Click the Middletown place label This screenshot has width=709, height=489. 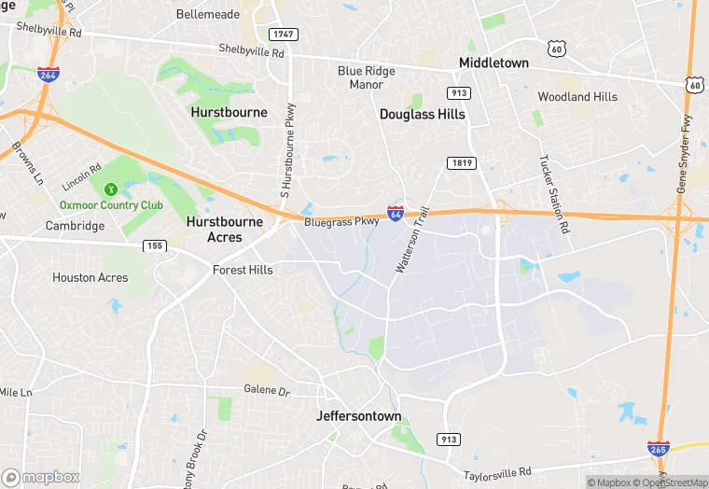(x=494, y=63)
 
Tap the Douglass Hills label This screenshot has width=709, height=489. (x=422, y=114)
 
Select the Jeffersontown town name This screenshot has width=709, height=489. (x=359, y=416)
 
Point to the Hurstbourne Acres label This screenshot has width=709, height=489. (x=215, y=230)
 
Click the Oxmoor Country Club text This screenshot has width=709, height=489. (x=111, y=205)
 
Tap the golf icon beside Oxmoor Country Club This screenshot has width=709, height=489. (x=111, y=189)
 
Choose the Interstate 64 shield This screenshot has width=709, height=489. (x=396, y=214)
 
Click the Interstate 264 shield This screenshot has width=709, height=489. (x=49, y=74)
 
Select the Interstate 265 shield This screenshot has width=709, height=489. (x=659, y=449)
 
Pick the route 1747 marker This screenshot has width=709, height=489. (x=283, y=34)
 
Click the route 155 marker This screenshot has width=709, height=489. (x=155, y=245)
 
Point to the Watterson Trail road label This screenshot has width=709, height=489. (x=416, y=240)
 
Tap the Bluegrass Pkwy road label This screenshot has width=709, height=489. (x=341, y=222)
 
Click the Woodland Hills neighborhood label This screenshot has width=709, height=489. (x=577, y=97)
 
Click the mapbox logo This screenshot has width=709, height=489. (x=41, y=477)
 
